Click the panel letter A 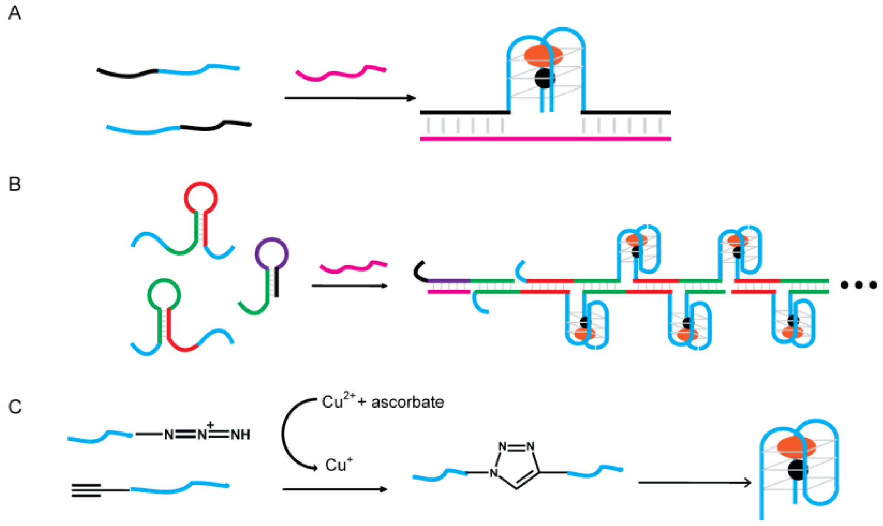coord(15,13)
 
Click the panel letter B coord(15,184)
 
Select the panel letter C coord(15,407)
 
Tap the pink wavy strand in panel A coord(341,73)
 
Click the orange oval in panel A coord(543,56)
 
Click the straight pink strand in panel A coord(545,138)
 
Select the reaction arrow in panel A coord(350,98)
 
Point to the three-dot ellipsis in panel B coord(859,285)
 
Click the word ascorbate coord(408,403)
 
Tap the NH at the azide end coord(240,435)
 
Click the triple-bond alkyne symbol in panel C coord(86,490)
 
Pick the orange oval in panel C coord(796,447)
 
